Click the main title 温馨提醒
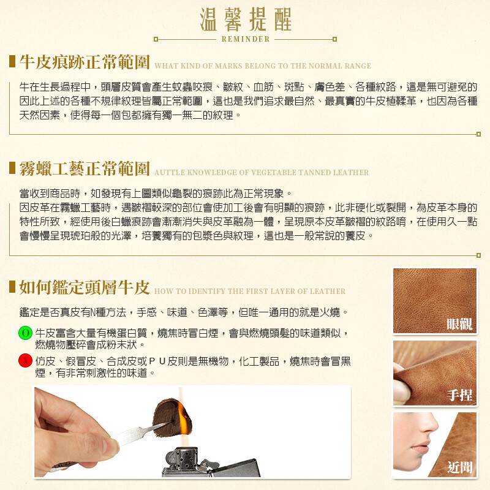pos(245,20)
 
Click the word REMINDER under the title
pos(245,39)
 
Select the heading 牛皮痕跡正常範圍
pos(85,62)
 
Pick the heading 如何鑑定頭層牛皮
pos(85,287)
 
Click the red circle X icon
pos(26,360)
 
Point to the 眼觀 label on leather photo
pos(460,324)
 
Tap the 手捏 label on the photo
pos(460,396)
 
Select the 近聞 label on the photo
pos(460,468)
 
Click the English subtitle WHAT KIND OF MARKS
pos(263,66)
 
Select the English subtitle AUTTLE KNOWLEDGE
pos(262,173)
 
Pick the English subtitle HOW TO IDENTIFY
pos(250,292)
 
